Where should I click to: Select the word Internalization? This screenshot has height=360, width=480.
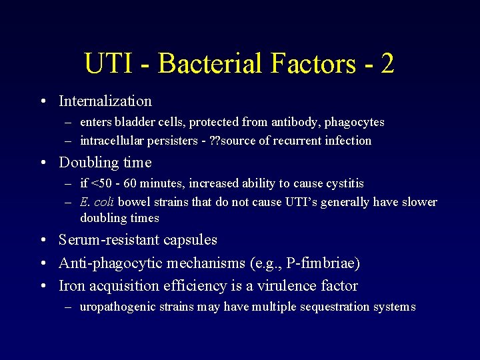tap(105, 101)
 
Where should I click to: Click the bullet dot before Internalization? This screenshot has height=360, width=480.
tap(42, 101)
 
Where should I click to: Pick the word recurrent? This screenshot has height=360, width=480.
tap(312, 140)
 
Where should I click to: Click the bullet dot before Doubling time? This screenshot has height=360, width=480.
tap(42, 163)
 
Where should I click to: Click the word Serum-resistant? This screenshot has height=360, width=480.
tap(109, 240)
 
